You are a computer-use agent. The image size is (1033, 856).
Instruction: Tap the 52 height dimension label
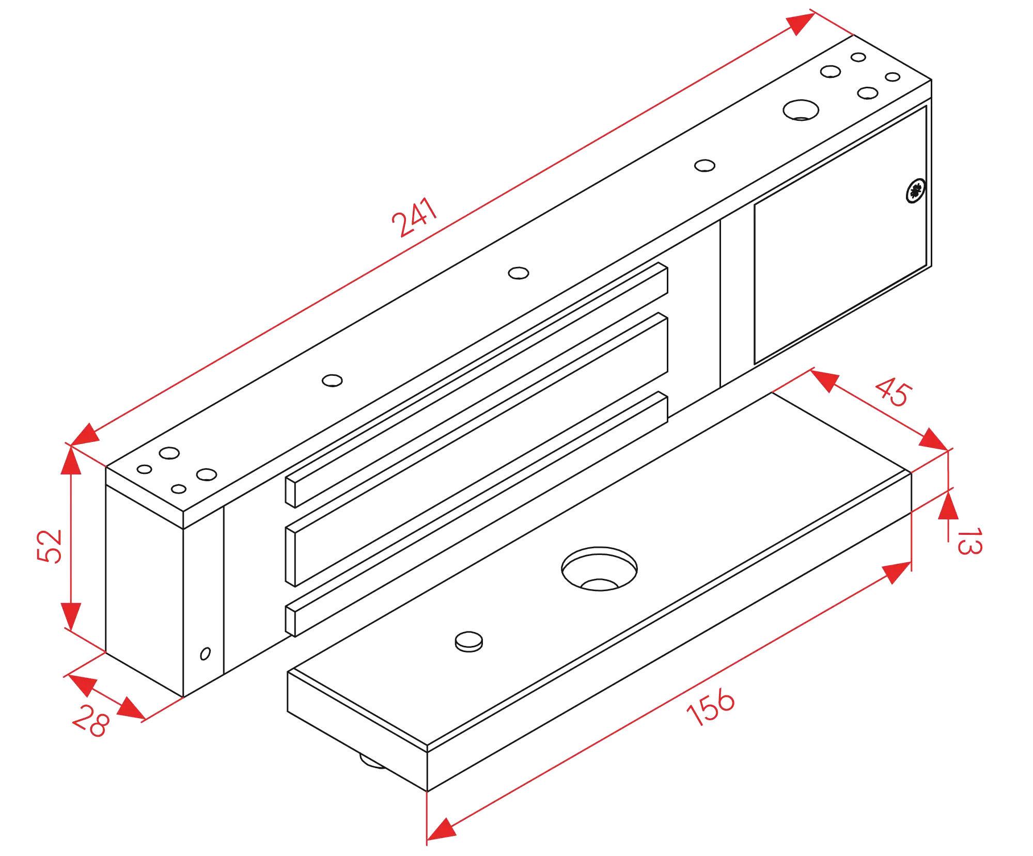tap(50, 546)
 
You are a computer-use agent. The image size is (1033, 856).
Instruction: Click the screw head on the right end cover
tap(915, 192)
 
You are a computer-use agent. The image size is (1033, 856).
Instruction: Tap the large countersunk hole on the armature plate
tap(599, 568)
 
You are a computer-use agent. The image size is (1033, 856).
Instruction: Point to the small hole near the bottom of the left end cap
tap(205, 653)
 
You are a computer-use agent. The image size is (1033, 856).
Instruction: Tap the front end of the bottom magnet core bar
tap(292, 620)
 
